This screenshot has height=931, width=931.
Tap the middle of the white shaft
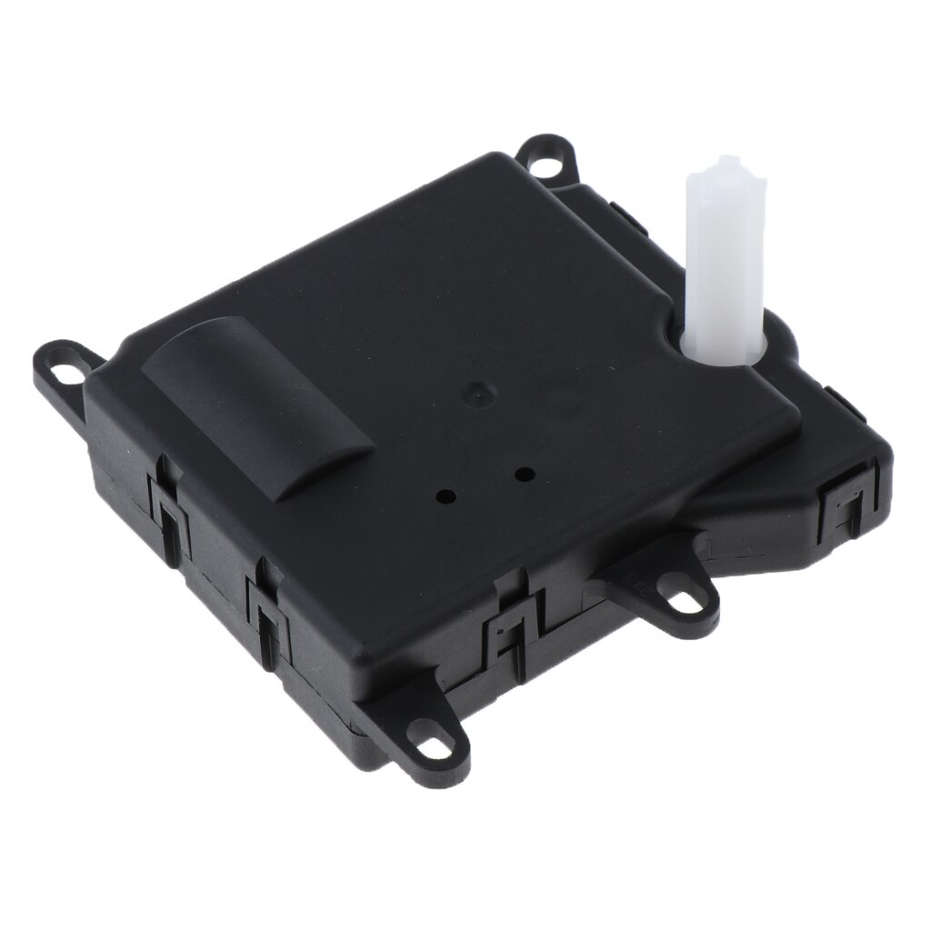pyautogui.click(x=725, y=264)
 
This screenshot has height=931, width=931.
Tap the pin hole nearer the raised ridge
pyautogui.click(x=447, y=496)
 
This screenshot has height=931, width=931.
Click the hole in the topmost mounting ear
pyautogui.click(x=546, y=164)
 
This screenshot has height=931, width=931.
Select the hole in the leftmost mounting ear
pyautogui.click(x=62, y=373)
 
